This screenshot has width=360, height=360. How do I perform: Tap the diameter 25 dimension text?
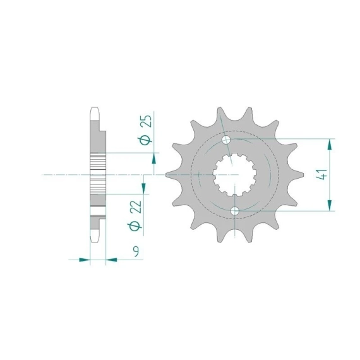[x=147, y=129]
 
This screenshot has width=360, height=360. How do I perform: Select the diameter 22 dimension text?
[x=135, y=215]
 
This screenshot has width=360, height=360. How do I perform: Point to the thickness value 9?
[x=136, y=251]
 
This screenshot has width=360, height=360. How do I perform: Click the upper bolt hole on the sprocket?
[x=226, y=139]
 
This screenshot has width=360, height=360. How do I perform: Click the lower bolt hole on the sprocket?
[x=235, y=211]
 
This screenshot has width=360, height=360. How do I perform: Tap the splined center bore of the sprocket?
[x=234, y=175]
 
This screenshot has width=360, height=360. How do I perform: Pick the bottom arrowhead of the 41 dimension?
[x=330, y=205]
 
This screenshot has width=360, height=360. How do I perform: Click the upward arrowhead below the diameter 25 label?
[x=154, y=159]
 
